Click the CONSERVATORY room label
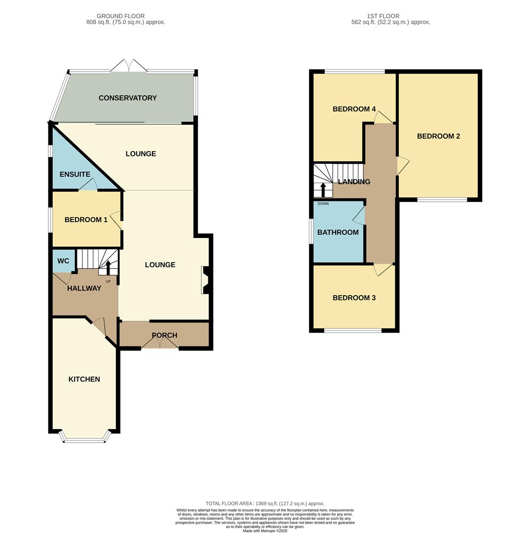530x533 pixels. (x=127, y=98)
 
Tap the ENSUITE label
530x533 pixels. (x=75, y=174)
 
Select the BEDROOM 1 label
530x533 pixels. (x=86, y=220)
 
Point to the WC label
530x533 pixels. (x=63, y=261)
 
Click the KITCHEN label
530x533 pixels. (x=84, y=379)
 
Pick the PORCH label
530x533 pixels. (x=164, y=335)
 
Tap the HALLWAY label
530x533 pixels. (x=84, y=288)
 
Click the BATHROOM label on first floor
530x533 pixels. (x=338, y=232)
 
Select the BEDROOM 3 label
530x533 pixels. (x=354, y=298)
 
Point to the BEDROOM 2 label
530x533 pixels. (x=438, y=136)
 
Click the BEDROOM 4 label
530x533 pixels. (x=354, y=109)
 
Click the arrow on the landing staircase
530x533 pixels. (x=323, y=190)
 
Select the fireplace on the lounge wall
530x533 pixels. (x=205, y=280)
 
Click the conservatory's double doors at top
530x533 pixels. (x=128, y=66)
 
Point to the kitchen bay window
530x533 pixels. (x=84, y=439)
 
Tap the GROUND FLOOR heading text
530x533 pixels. (x=120, y=16)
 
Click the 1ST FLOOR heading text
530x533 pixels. (x=382, y=16)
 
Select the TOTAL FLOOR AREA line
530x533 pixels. (x=265, y=503)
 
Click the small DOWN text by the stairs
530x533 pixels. (x=323, y=203)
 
